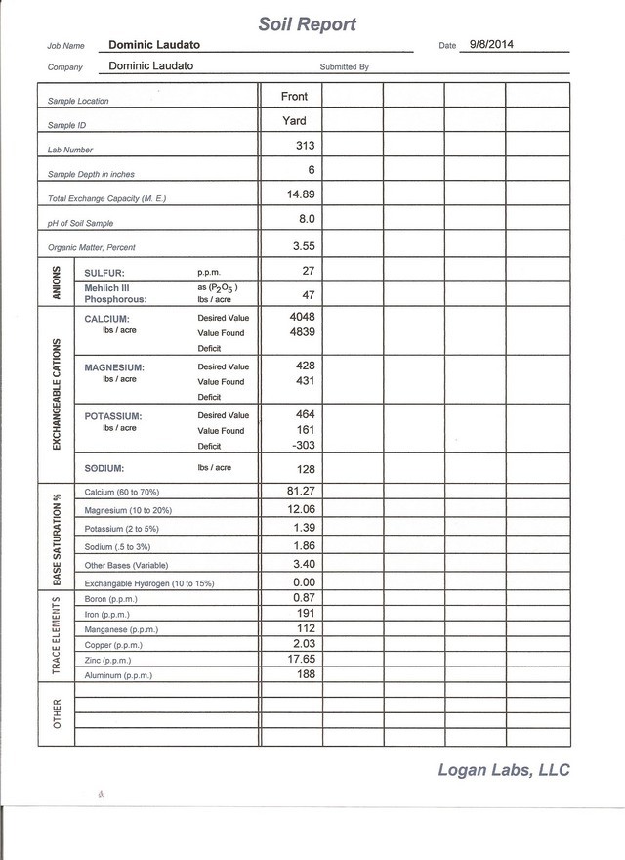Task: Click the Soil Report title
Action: point(308,23)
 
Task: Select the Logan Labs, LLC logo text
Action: point(503,771)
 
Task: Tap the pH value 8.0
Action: point(305,219)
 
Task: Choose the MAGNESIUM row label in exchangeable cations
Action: point(114,367)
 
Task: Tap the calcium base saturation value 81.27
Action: point(297,491)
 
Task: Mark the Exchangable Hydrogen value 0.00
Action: point(299,581)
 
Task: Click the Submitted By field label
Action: point(344,67)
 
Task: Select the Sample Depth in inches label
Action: point(92,174)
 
